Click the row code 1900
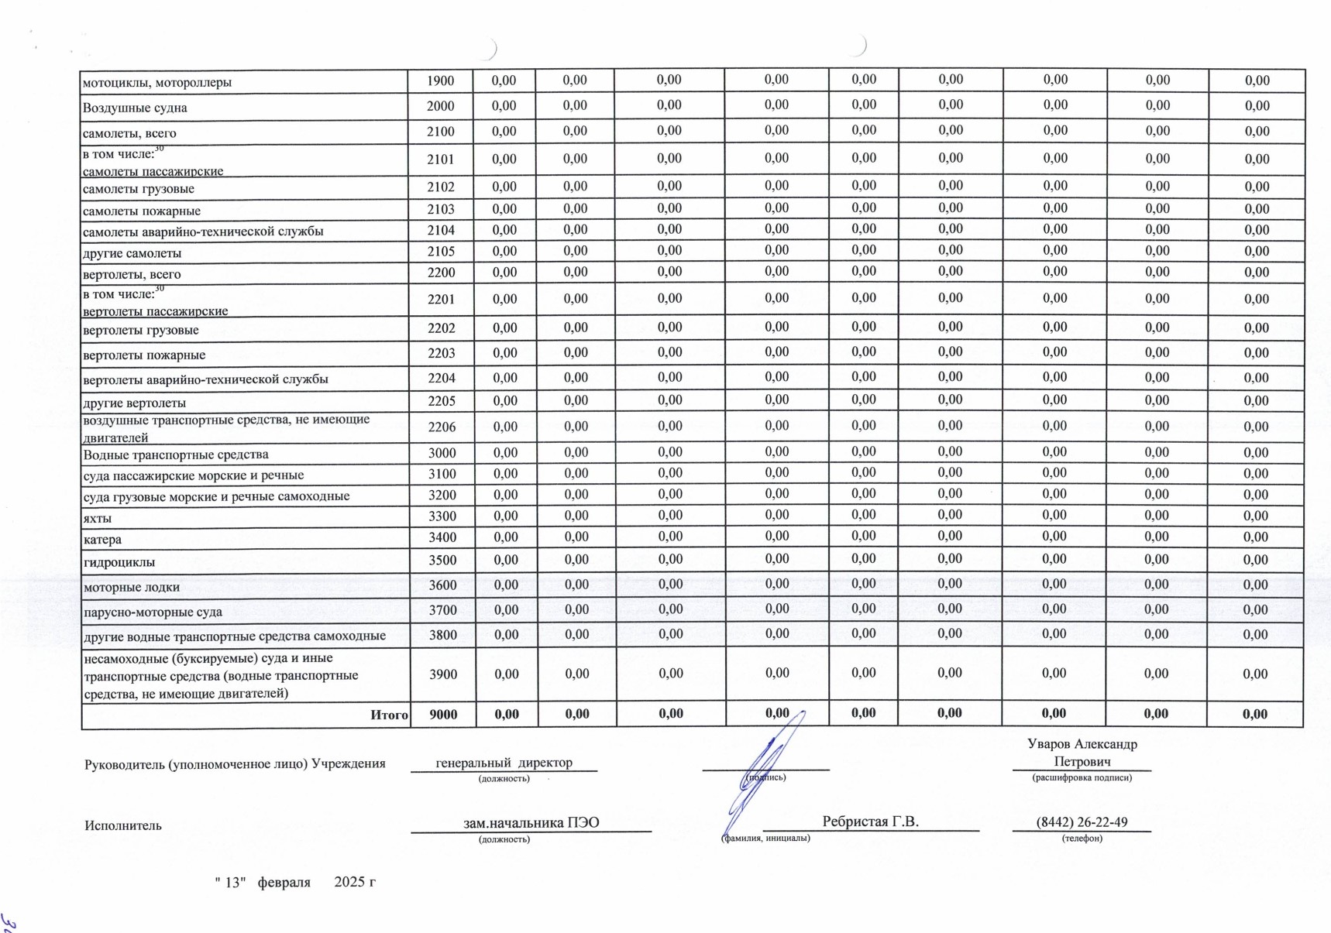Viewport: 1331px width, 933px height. pos(440,81)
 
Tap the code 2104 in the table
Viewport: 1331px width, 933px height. pos(441,230)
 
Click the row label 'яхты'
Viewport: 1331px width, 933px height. pos(97,518)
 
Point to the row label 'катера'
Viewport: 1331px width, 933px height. pos(102,539)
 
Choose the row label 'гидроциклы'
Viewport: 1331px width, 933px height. pos(119,562)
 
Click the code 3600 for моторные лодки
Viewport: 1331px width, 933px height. pos(442,585)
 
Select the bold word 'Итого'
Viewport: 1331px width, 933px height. pos(389,715)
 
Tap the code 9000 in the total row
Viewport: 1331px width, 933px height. pos(443,715)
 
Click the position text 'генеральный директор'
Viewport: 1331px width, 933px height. pos(504,763)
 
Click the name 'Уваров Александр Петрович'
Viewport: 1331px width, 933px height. pos(1082,753)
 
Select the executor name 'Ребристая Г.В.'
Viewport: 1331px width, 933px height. pos(870,822)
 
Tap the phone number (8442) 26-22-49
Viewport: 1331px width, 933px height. pos(1082,822)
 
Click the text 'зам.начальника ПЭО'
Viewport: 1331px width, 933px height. pos(531,822)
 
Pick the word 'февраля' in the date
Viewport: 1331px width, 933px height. pos(284,882)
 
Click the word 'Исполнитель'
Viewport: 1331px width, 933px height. pos(123,825)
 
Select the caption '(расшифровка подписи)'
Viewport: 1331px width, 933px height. pos(1082,777)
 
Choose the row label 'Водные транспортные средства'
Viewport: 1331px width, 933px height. pos(176,454)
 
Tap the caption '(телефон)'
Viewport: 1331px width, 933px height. pos(1082,838)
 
